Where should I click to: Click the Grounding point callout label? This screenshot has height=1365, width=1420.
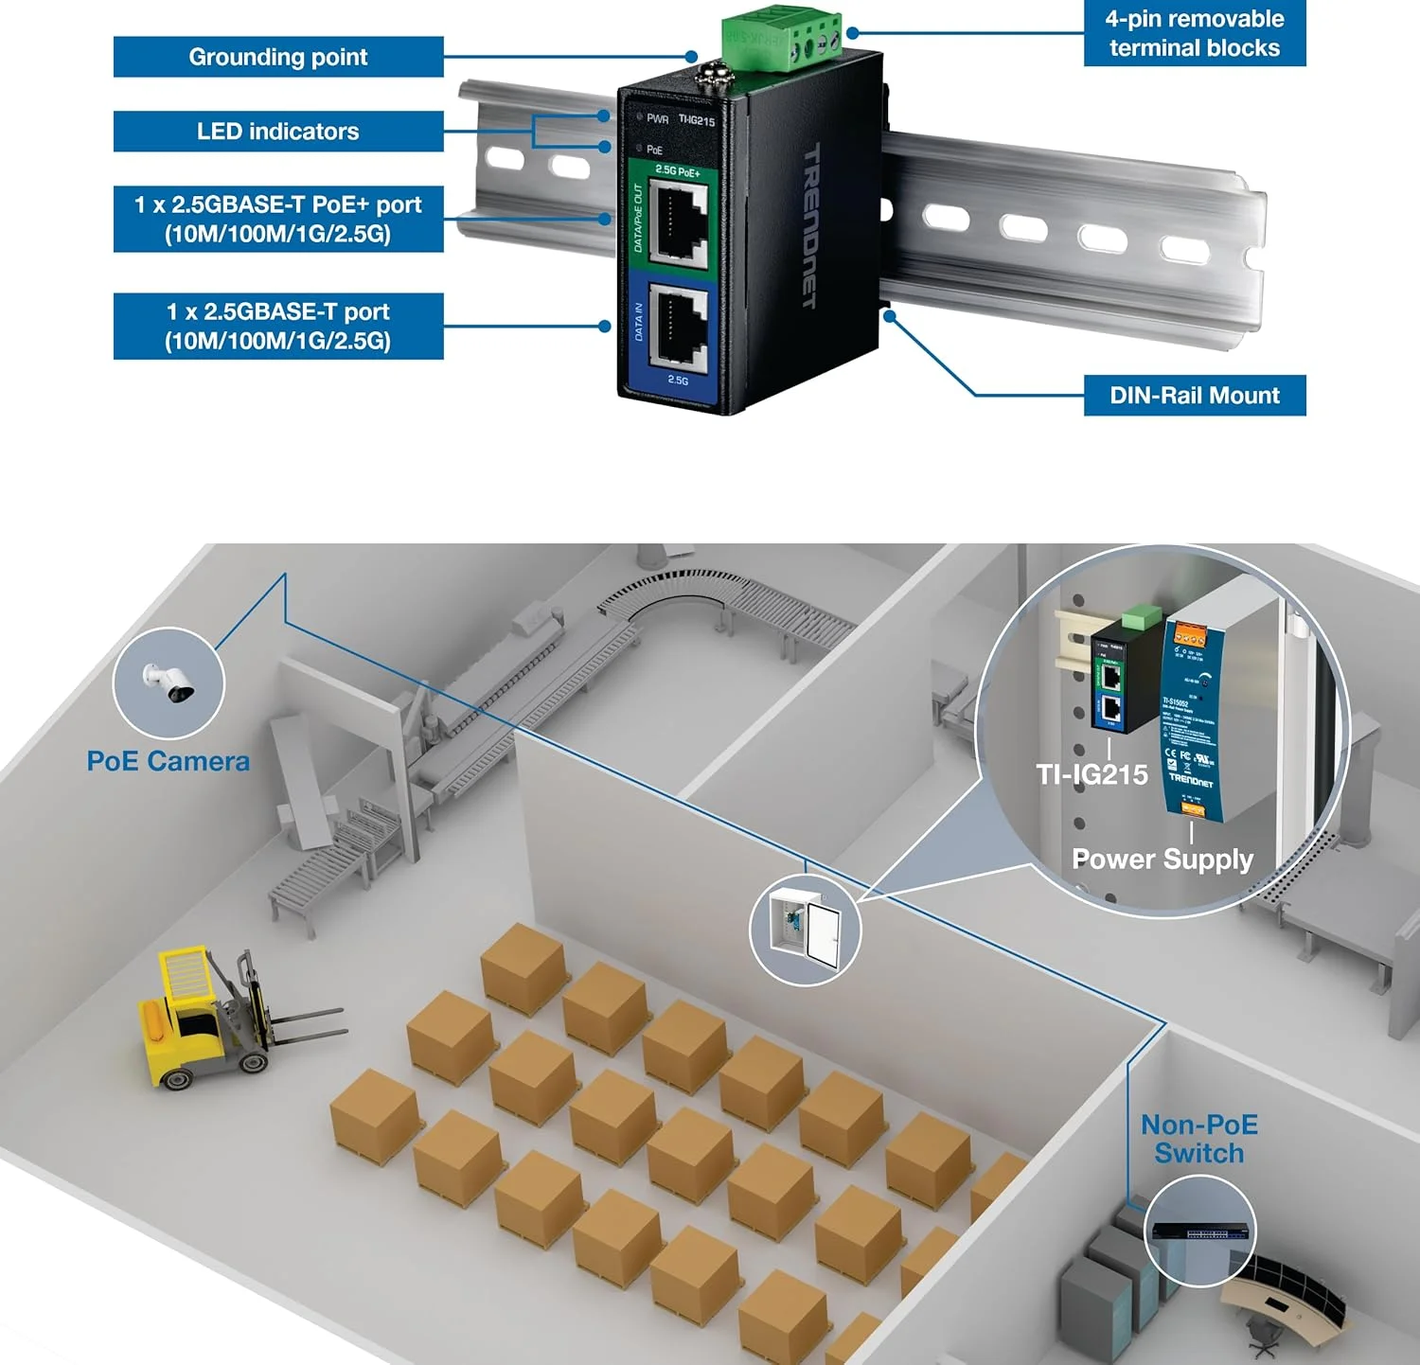[x=277, y=57]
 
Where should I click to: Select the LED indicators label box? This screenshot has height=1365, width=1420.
[x=277, y=132]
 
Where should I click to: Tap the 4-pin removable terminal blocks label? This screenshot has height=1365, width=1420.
[x=1194, y=33]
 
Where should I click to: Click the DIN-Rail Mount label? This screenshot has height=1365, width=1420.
[x=1194, y=396]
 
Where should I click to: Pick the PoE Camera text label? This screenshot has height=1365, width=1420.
[x=168, y=761]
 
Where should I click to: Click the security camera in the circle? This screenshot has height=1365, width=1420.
[x=169, y=682]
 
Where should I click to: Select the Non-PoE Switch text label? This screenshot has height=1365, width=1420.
[x=1198, y=1139]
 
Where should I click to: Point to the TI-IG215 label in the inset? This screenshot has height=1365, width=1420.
[x=1092, y=775]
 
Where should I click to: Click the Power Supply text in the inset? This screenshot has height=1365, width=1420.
[x=1162, y=859]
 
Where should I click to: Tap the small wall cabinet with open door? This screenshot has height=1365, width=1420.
[x=805, y=928]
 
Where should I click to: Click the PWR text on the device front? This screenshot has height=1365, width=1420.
[x=657, y=119]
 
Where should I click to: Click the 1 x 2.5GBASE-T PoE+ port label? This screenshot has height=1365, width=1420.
[x=277, y=219]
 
